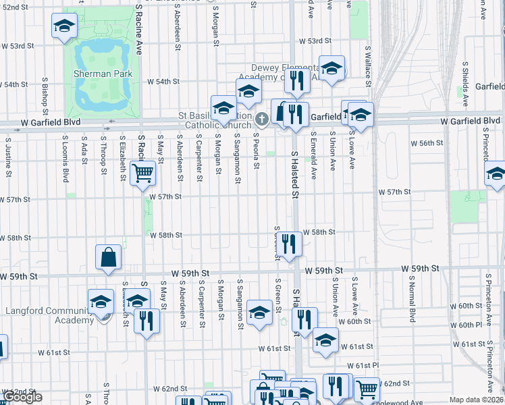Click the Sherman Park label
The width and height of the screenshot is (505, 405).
[x=103, y=73]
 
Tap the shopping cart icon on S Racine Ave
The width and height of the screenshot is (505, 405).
[x=142, y=173]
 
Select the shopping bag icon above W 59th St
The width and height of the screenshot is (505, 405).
[x=108, y=256]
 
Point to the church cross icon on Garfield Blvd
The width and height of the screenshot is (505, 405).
[x=262, y=119]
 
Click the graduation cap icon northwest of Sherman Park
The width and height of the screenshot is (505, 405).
[x=64, y=26]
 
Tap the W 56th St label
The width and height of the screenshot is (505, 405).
[x=427, y=143]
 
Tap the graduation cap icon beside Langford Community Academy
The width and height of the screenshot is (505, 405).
[x=101, y=301]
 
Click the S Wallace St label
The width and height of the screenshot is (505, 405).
[x=369, y=66]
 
